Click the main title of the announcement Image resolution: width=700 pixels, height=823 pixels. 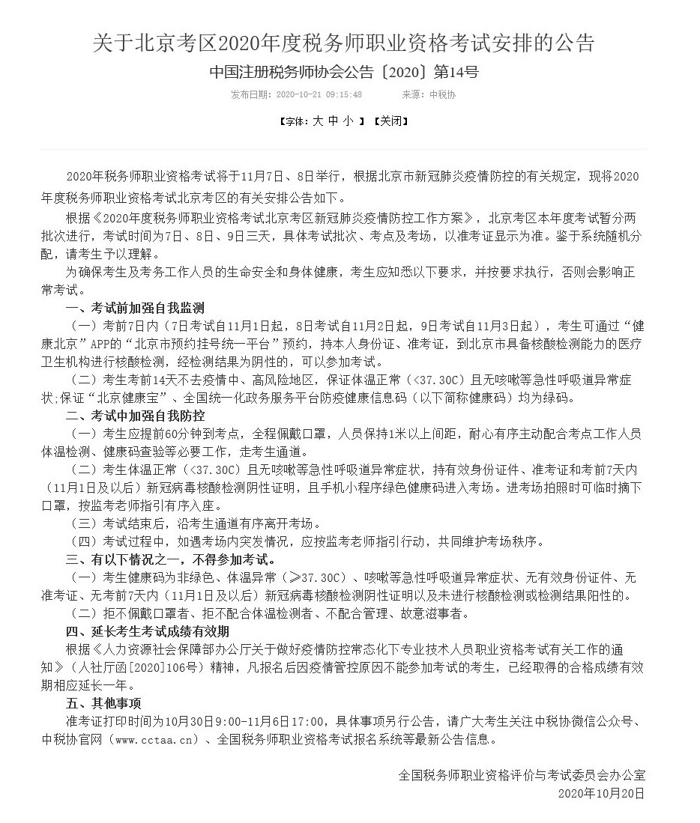[x=344, y=43]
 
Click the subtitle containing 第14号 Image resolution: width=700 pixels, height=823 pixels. [x=344, y=73]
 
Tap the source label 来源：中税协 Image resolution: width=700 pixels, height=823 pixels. [x=429, y=95]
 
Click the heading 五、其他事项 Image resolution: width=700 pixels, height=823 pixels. [x=103, y=703]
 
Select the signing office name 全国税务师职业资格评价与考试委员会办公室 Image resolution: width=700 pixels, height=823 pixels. [x=522, y=775]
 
